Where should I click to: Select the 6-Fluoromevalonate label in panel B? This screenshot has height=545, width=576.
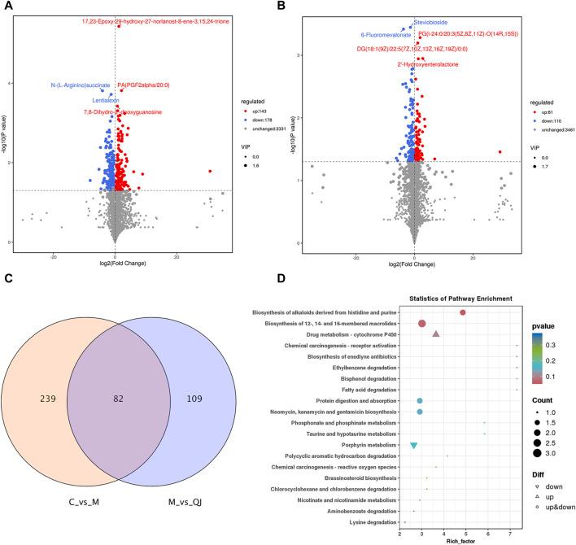coord(387,35)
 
